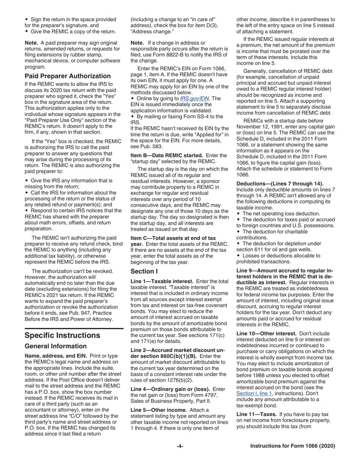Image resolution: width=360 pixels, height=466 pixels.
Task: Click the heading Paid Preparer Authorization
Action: (x=67, y=76)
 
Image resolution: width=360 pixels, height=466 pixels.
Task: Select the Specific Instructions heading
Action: (x=63, y=335)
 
